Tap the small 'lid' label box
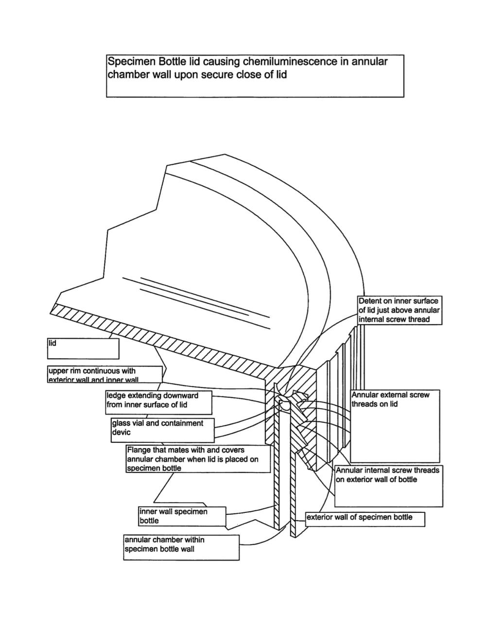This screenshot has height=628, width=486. [83, 348]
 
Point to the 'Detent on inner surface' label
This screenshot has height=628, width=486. [399, 310]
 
